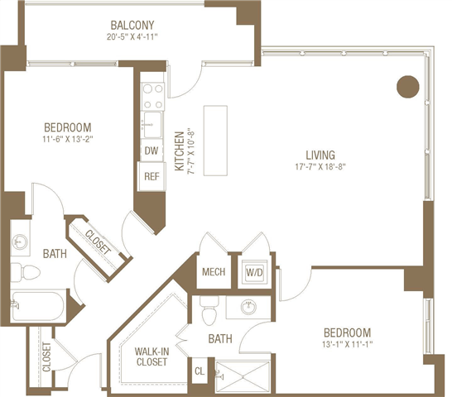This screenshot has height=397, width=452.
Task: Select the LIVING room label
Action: coord(320,155)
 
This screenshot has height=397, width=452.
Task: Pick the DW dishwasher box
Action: coord(151,151)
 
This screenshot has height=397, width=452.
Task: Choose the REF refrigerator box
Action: coord(151,176)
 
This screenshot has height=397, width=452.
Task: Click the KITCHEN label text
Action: coord(179,151)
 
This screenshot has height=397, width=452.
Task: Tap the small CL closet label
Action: coord(200,372)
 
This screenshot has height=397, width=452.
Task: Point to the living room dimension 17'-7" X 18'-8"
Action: coord(320,168)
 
